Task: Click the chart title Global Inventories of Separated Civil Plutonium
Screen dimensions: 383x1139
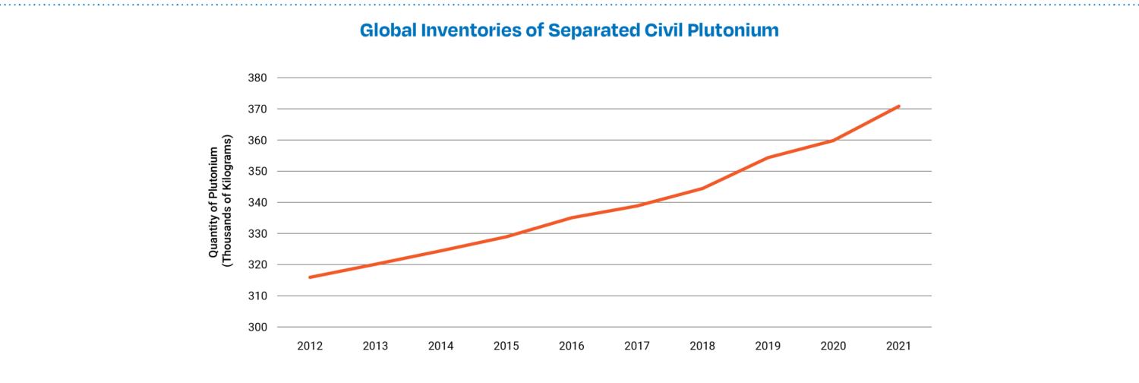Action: tap(569, 31)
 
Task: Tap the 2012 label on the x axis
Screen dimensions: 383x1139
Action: tap(310, 347)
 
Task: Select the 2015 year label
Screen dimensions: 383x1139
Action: tap(506, 347)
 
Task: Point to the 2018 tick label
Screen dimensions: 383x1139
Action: tap(702, 347)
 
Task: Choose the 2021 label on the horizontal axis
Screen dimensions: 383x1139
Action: tap(898, 347)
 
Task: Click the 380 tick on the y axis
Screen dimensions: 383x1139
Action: tap(257, 78)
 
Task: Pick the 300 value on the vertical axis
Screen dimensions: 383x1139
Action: tap(257, 328)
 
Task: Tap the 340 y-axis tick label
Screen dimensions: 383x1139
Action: tap(257, 203)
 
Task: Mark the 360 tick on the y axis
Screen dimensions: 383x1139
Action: tap(257, 141)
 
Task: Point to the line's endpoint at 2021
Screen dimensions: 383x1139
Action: tap(898, 106)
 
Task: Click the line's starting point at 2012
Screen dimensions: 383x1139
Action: tap(310, 277)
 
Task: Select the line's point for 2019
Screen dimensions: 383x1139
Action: tap(768, 158)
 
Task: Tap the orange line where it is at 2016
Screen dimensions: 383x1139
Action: tap(571, 218)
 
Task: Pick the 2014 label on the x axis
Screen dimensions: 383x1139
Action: tap(440, 347)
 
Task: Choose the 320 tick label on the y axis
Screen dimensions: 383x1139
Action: tap(257, 265)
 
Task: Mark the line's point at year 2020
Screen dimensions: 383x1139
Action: tap(833, 141)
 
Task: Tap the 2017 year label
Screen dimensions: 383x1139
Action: tap(636, 347)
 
